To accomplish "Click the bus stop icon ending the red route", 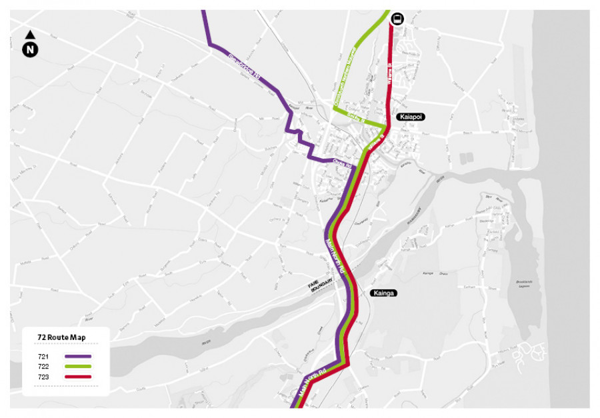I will pos(397,19).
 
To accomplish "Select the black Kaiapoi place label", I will pos(411,117).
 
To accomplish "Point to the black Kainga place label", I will pos(385,293).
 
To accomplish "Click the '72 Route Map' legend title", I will pos(61,337).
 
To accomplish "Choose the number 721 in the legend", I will pos(44,357).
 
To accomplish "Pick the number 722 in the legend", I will pos(44,367).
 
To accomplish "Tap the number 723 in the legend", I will pos(44,377).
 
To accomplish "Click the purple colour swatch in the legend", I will pos(78,357).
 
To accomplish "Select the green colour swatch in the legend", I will pos(78,367).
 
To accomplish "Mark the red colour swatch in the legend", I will pos(78,377).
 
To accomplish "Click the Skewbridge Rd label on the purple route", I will pos(244,68).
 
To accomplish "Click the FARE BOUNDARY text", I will pos(320,287).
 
